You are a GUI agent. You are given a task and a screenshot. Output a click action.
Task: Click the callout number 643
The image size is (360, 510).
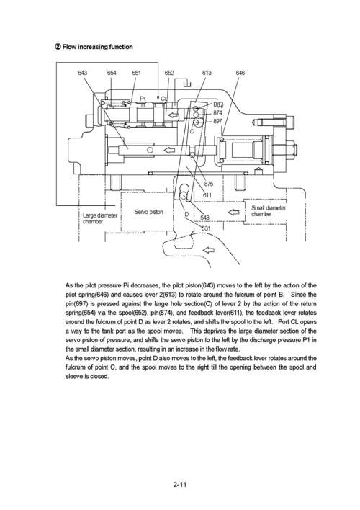83,73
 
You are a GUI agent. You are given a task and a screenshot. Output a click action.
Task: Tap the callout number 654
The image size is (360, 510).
113,73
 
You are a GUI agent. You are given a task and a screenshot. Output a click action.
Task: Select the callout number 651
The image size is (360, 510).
137,73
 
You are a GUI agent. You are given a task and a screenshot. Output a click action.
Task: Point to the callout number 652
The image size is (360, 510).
169,73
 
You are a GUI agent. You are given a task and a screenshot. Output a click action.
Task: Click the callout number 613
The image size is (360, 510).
207,73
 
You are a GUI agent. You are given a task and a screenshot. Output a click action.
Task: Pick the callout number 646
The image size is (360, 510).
240,73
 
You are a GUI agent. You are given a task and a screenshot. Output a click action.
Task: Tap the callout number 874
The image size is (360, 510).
217,112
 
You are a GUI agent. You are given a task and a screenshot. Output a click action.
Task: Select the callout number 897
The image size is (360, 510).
217,121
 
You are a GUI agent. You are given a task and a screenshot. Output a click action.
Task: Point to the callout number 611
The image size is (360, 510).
207,195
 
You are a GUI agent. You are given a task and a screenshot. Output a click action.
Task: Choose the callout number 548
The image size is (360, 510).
204,217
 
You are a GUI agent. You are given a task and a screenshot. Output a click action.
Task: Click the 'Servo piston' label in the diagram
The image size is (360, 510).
149,212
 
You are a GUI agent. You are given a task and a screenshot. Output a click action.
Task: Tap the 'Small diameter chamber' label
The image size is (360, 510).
269,211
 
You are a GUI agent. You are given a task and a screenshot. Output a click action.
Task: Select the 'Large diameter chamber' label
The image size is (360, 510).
100,218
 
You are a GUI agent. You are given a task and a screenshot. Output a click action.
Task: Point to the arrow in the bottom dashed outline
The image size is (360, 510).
210,250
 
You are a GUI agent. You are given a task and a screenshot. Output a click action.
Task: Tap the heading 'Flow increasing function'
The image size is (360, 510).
97,48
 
